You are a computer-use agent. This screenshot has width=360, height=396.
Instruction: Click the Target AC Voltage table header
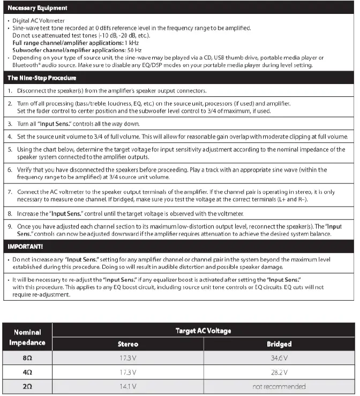coord(204,331)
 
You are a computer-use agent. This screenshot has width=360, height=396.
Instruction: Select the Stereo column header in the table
coord(128,344)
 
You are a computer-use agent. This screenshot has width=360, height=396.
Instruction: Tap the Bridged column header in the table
coord(279,344)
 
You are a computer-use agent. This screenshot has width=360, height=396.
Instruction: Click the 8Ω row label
coord(27,357)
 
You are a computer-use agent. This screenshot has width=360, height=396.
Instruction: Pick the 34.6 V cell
coord(279,357)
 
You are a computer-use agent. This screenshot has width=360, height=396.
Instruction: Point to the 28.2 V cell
coord(279,371)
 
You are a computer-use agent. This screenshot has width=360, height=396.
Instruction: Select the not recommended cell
coord(279,386)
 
